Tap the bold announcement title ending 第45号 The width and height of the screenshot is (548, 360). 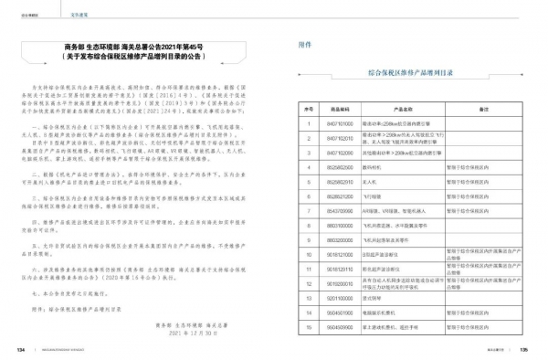[138, 45]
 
